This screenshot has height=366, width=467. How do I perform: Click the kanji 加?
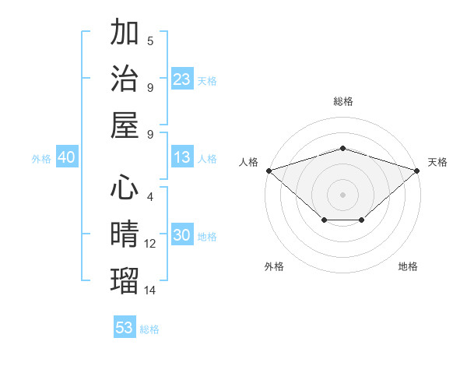tap(125, 33)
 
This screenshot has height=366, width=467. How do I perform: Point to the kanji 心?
tap(125, 188)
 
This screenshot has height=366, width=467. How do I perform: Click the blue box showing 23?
tap(182, 79)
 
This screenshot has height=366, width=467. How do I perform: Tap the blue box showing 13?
tap(182, 158)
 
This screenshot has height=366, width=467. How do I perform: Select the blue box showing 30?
tap(182, 236)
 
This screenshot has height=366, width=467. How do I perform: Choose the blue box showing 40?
tap(67, 158)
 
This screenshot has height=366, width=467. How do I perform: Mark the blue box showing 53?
tap(125, 328)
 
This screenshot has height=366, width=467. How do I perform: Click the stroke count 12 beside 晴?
tap(150, 244)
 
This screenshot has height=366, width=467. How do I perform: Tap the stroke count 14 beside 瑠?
tap(150, 290)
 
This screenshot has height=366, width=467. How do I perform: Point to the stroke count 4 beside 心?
tap(149, 198)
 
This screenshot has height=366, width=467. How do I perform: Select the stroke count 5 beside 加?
tap(149, 41)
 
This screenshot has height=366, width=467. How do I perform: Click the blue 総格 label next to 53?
tap(149, 329)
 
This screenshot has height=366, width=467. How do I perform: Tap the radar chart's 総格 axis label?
tap(342, 101)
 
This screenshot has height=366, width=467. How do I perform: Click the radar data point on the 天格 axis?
tap(418, 170)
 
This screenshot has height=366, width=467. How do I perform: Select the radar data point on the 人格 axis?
tap(268, 170)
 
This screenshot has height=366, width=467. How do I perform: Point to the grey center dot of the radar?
tap(342, 194)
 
